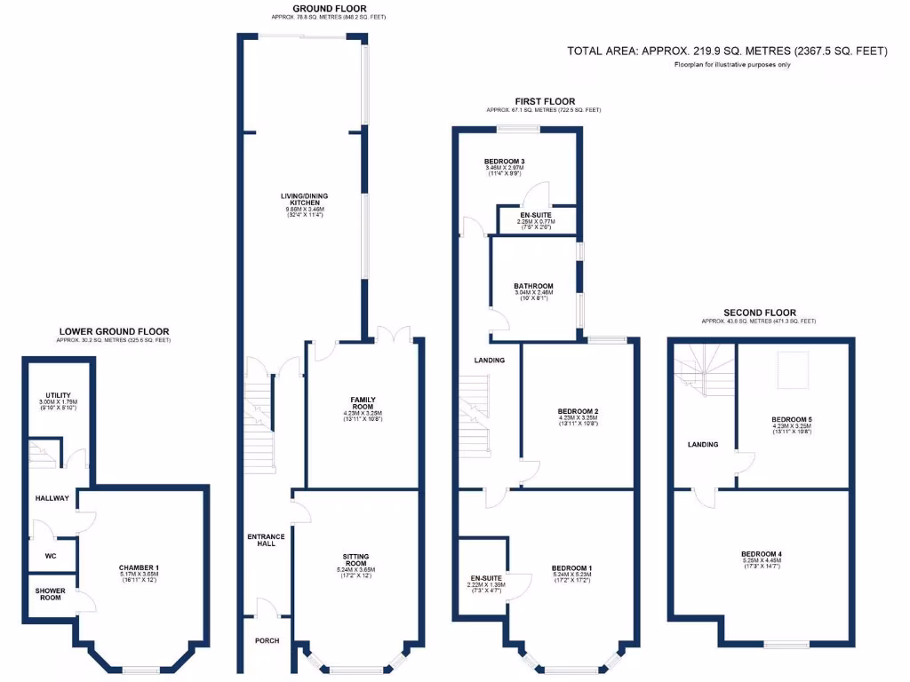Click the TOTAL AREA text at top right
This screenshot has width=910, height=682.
(x=727, y=52)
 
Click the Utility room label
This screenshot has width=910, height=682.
(x=59, y=395)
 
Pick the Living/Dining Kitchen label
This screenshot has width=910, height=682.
(x=304, y=202)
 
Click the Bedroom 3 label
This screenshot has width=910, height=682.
(x=504, y=162)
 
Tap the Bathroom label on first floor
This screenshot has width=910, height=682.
(x=533, y=286)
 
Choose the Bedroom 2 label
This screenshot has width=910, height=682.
(x=578, y=412)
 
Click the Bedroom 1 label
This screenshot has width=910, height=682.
(x=571, y=568)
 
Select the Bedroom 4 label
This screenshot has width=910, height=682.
(x=762, y=555)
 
